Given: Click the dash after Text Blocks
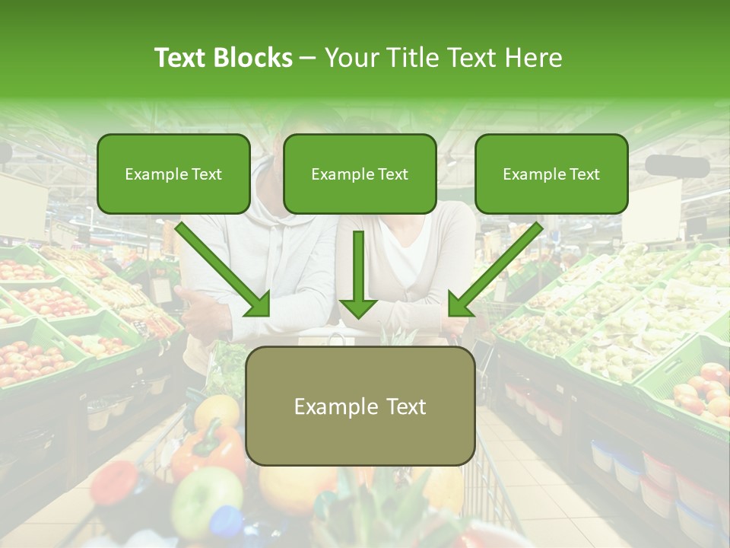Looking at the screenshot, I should tap(308, 58).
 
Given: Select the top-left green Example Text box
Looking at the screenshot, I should tap(173, 174).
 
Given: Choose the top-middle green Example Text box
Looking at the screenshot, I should tap(360, 174).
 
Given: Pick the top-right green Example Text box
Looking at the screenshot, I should tap(551, 174).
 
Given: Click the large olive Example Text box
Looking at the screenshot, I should tap(360, 406).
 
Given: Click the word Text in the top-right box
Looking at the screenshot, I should tap(584, 174).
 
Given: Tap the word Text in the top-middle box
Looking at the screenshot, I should tap(392, 174).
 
